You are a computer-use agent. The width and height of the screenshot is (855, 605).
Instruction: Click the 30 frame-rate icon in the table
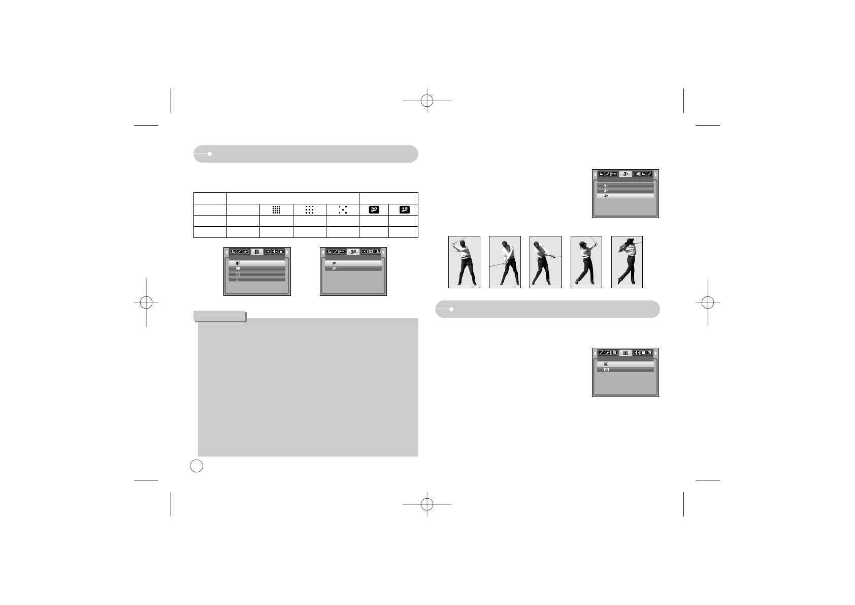(374, 209)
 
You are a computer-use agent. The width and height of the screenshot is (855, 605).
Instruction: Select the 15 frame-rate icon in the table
(404, 209)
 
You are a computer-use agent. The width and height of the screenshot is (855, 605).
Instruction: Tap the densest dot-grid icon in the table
(276, 209)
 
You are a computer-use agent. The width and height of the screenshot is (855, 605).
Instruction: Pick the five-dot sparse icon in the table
(343, 209)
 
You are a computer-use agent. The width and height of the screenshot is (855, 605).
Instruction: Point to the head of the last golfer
(631, 242)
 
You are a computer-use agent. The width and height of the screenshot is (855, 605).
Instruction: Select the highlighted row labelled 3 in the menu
(625, 196)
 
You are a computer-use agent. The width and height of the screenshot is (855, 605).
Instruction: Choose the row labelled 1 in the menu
(625, 186)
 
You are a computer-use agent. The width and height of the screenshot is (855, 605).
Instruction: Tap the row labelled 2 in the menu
(625, 191)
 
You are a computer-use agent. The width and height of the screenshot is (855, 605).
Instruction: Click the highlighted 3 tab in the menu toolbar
(626, 174)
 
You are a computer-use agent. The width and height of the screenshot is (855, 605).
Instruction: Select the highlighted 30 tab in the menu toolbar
(353, 251)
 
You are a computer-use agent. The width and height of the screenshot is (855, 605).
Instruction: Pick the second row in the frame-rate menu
(353, 268)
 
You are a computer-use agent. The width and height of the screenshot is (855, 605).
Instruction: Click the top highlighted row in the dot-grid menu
(257, 263)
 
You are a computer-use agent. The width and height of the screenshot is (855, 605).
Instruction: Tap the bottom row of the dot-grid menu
(257, 279)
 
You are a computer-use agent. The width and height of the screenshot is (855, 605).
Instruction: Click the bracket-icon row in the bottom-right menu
(625, 370)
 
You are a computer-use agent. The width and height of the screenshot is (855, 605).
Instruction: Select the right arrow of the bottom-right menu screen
(655, 352)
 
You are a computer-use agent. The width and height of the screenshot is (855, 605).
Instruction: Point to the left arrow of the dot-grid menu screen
(226, 252)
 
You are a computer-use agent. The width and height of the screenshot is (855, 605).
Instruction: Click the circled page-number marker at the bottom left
(196, 465)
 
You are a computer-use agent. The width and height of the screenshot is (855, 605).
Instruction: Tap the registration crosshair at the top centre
(427, 101)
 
